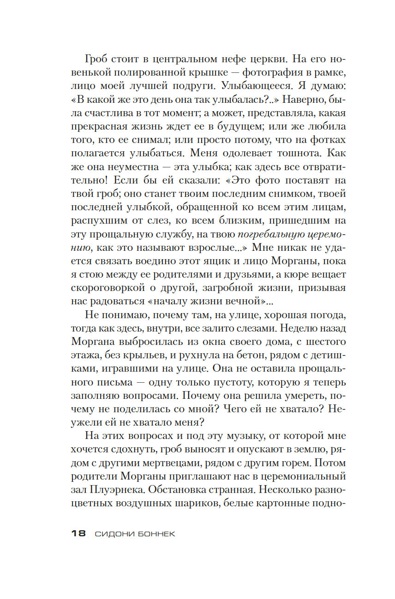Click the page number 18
click(78, 534)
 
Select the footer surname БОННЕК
click(155, 534)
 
